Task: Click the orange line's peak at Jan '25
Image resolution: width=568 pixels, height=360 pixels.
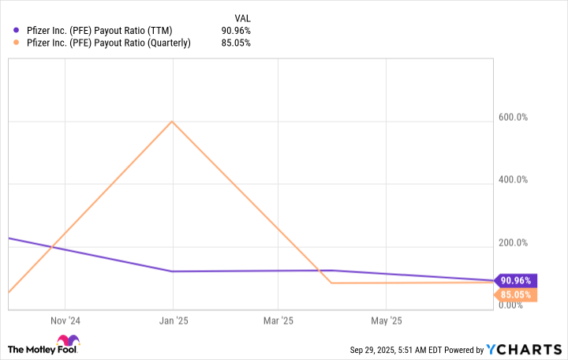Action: pos(172,122)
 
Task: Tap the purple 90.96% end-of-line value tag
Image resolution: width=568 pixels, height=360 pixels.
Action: pos(515,280)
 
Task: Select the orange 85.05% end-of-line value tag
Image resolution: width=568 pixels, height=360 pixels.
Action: pos(515,295)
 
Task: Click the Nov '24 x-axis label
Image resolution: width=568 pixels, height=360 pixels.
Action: pos(65,321)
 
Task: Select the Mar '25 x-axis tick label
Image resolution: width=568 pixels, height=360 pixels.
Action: pos(278,321)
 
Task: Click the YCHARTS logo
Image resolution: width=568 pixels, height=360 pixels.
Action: pos(526,349)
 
